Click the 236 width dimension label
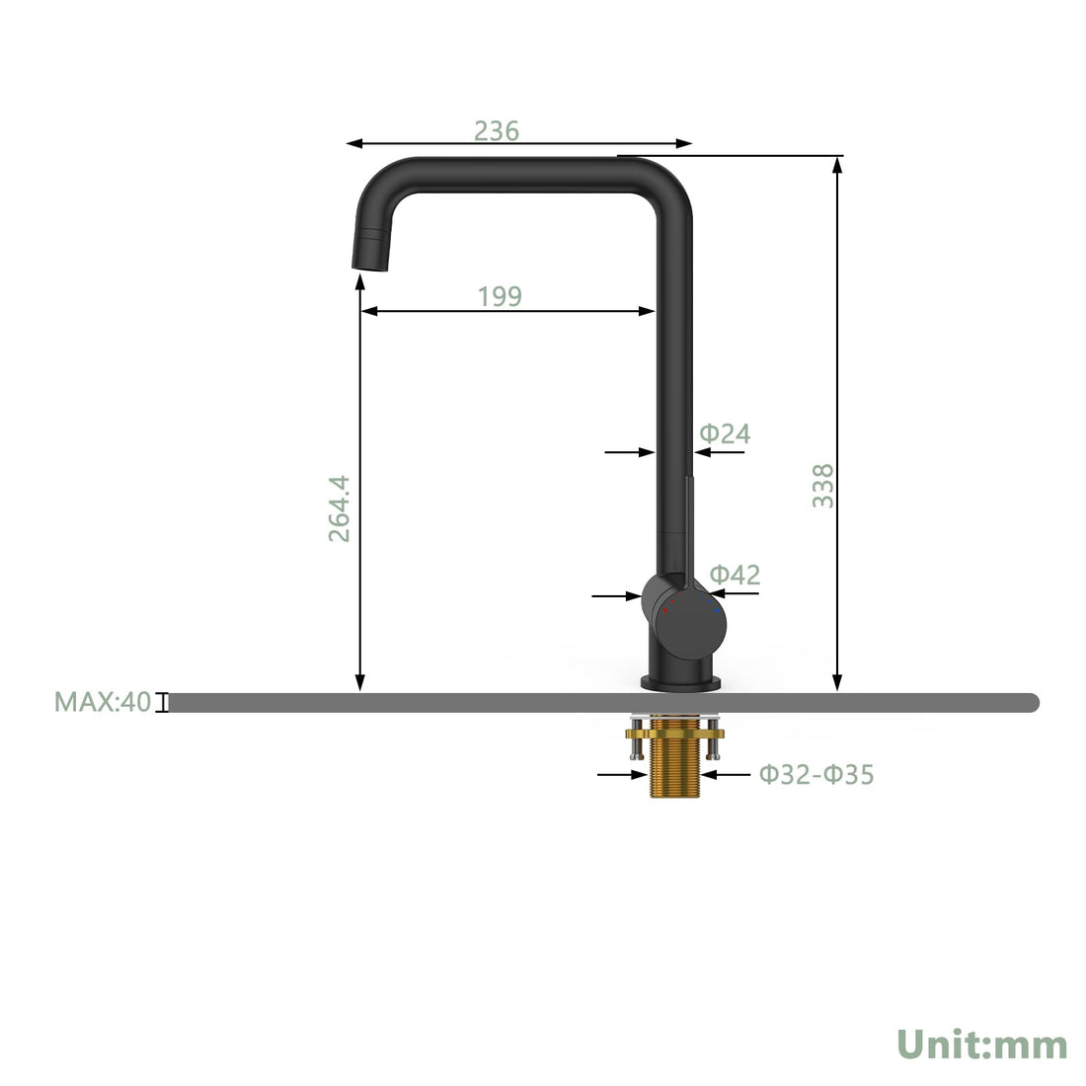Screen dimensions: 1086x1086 point(496,130)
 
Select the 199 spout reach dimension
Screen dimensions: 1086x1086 point(500,296)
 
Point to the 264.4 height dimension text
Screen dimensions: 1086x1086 point(340,508)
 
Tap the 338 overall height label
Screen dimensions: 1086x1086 point(822,486)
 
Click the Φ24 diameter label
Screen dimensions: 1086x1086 point(726,433)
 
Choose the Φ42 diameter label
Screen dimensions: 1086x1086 point(735,575)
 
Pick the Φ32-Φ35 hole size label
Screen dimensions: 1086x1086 point(816,774)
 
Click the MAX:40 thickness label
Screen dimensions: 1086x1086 point(103,702)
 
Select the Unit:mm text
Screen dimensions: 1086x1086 point(982,1045)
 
